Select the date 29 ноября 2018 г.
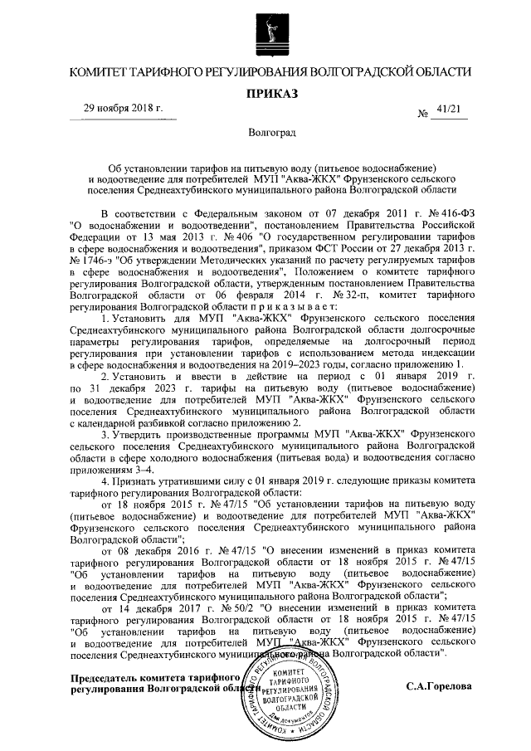(x=124, y=109)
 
